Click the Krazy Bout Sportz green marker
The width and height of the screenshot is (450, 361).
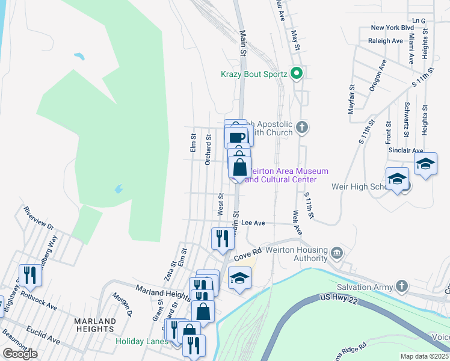[x=296, y=74]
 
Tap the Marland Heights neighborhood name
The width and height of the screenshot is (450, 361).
[x=95, y=325]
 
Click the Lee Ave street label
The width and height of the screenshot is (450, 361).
[x=253, y=223]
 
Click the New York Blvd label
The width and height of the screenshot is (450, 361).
[x=392, y=28]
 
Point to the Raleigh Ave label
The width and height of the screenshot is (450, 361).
[x=385, y=41]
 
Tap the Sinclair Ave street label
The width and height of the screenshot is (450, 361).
[x=405, y=150]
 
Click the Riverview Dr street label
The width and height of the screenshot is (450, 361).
[x=38, y=218]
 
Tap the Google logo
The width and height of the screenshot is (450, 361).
[x=19, y=354]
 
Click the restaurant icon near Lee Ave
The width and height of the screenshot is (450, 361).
[x=222, y=238]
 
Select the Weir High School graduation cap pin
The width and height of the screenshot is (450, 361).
[x=397, y=179]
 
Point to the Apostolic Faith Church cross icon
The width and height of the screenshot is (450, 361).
[x=302, y=128]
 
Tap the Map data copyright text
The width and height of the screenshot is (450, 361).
[x=425, y=356]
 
